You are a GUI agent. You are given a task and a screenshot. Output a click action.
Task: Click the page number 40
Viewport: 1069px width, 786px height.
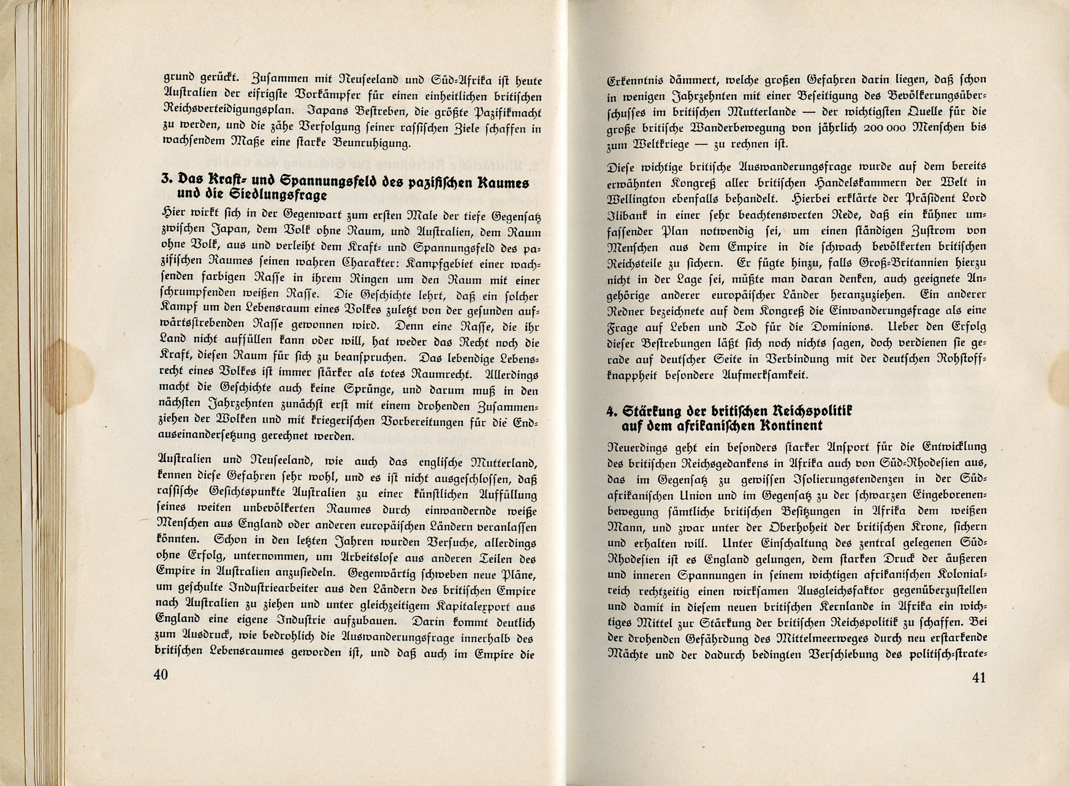coord(161,674)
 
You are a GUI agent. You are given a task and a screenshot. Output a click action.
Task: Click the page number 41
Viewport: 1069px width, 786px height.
coord(978,677)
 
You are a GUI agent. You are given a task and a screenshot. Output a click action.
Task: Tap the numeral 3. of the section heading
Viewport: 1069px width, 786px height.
coord(165,180)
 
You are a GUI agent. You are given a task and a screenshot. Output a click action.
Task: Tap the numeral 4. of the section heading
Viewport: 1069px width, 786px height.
coord(611,411)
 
